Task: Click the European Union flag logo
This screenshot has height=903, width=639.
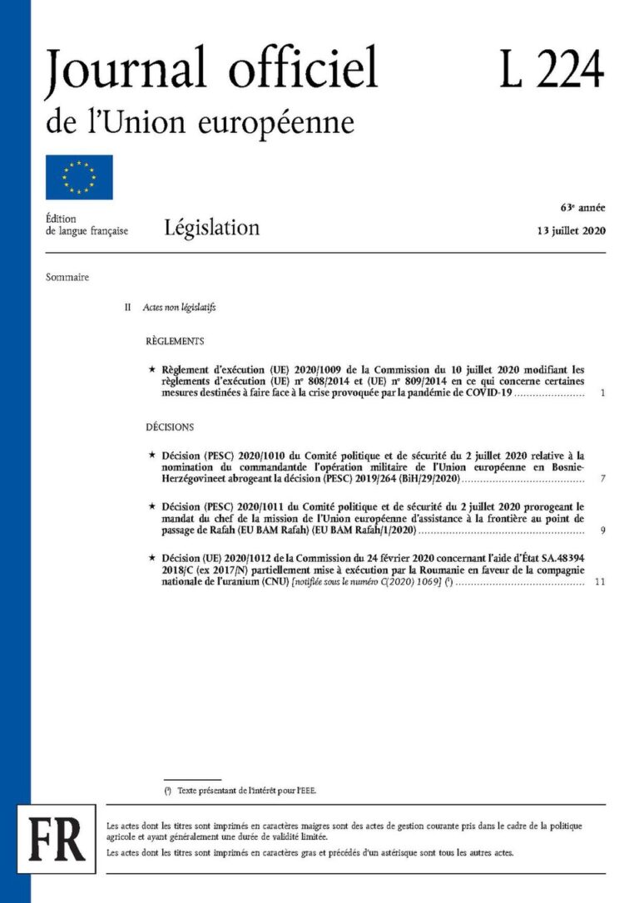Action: click(79, 177)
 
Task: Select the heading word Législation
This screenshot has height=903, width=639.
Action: click(212, 227)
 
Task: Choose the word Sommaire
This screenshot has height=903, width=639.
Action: click(67, 277)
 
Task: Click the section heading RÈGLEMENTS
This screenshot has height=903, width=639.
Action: click(175, 341)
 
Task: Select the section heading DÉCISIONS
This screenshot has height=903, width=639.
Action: click(170, 427)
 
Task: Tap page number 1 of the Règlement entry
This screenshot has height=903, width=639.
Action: click(602, 392)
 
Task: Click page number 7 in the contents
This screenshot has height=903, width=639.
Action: click(602, 480)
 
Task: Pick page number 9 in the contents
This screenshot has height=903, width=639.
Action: click(602, 530)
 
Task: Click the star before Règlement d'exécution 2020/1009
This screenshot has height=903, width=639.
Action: click(151, 368)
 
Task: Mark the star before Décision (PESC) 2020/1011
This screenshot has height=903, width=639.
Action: click(151, 505)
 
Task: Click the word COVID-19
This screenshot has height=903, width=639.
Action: click(488, 392)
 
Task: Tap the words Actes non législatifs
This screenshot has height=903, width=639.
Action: click(179, 307)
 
